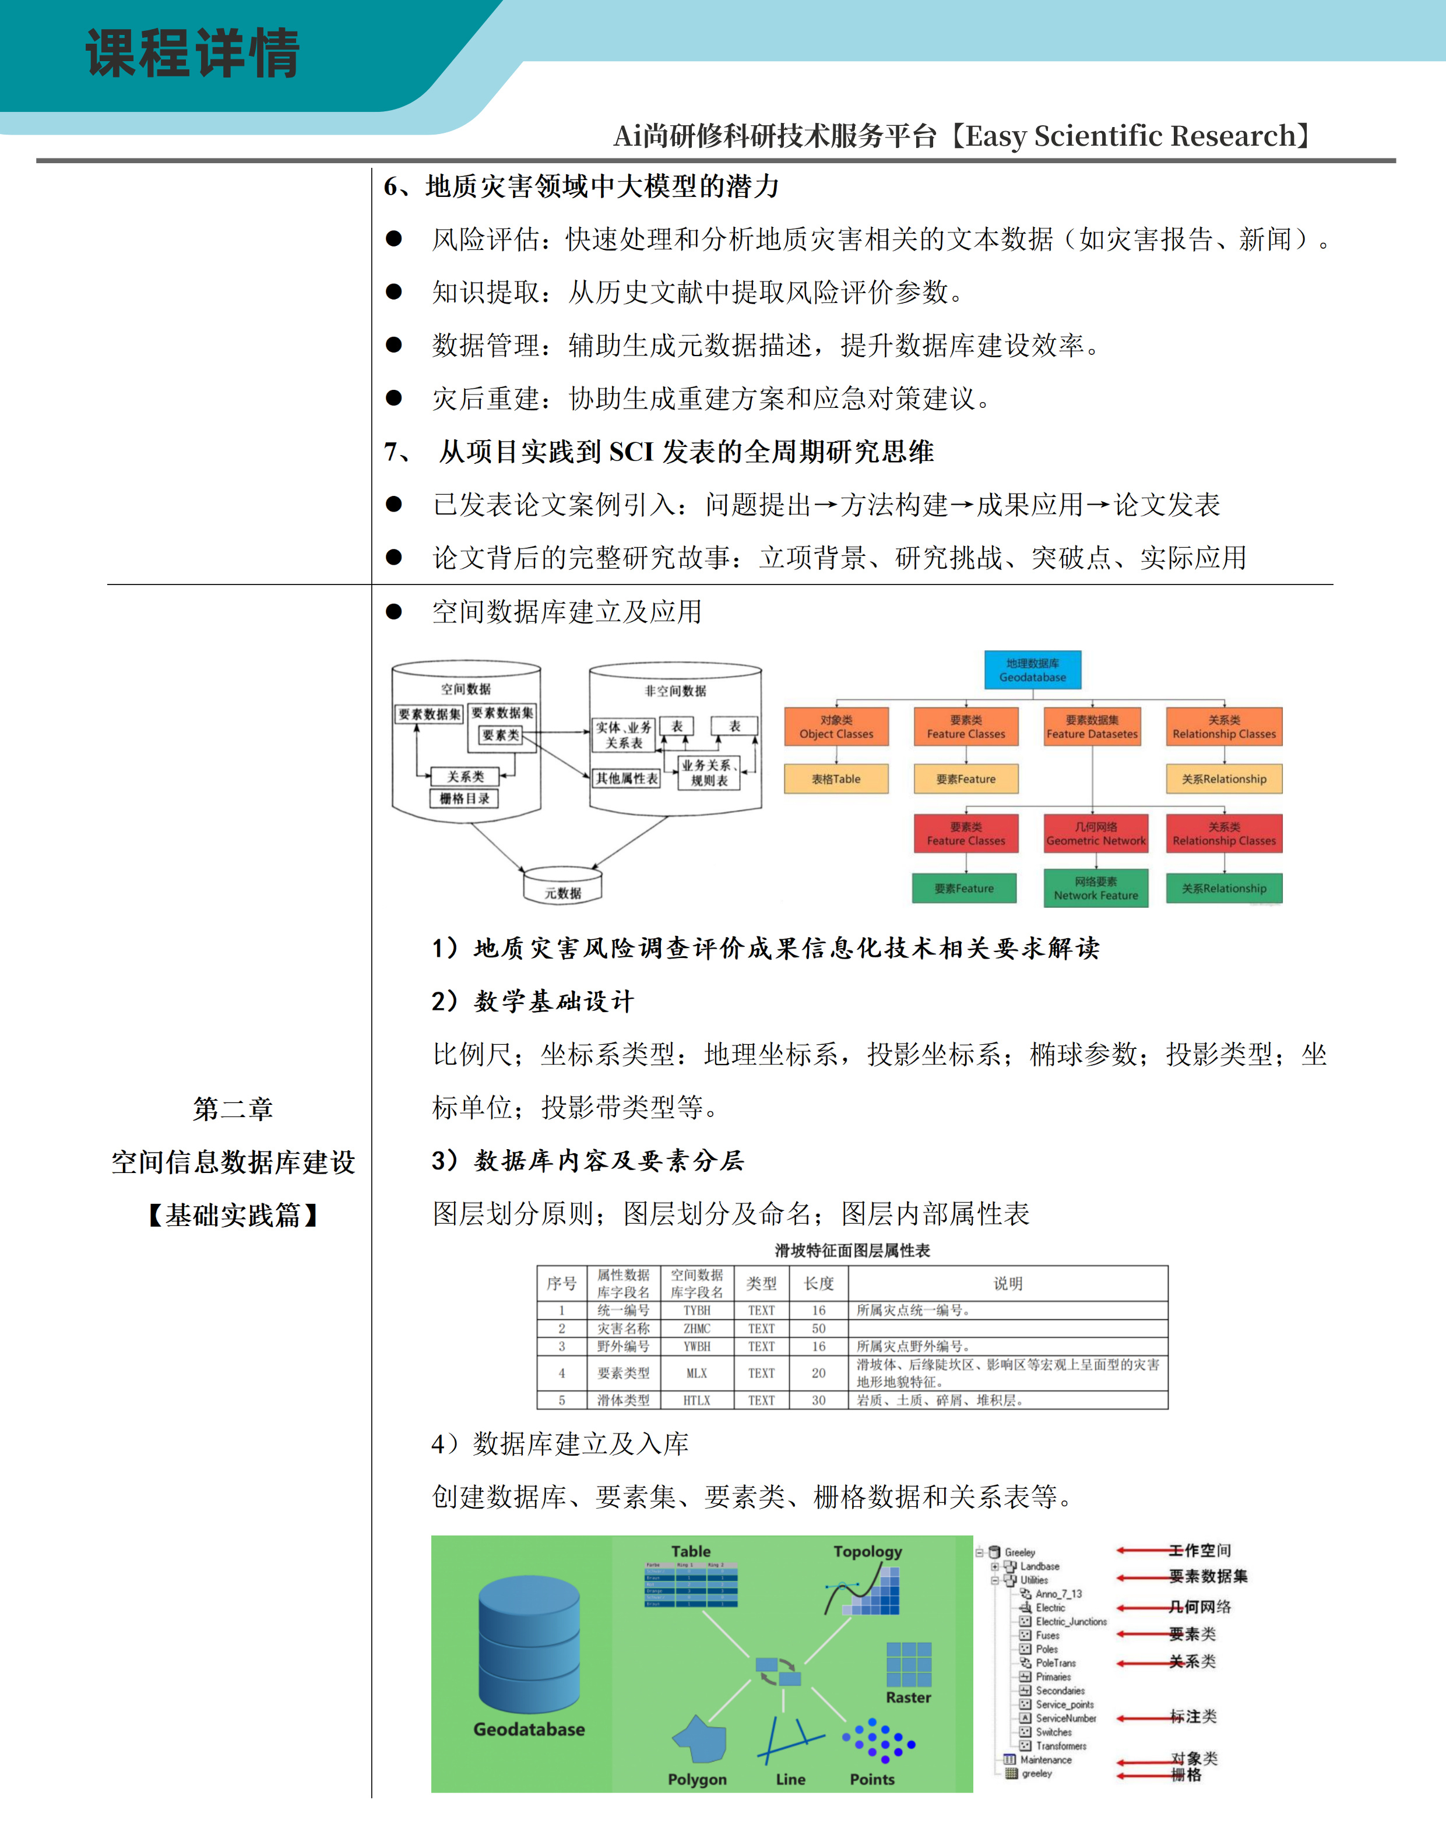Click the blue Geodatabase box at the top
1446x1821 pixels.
[1032, 670]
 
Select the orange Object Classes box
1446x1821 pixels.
[836, 727]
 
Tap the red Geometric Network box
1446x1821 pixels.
[1096, 834]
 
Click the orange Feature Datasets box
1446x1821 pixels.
[1092, 727]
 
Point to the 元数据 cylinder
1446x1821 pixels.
[562, 887]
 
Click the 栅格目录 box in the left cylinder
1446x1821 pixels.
[465, 798]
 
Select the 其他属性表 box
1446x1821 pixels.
[627, 778]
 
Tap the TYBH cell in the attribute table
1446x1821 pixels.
[697, 1310]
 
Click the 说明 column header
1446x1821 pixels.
[1008, 1283]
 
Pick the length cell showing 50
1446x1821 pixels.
[818, 1329]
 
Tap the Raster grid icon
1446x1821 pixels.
[908, 1664]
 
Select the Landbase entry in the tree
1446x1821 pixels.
[1039, 1566]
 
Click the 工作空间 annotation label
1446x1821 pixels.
[1199, 1550]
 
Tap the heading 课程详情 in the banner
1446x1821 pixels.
[192, 53]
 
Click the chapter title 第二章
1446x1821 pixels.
[233, 1108]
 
